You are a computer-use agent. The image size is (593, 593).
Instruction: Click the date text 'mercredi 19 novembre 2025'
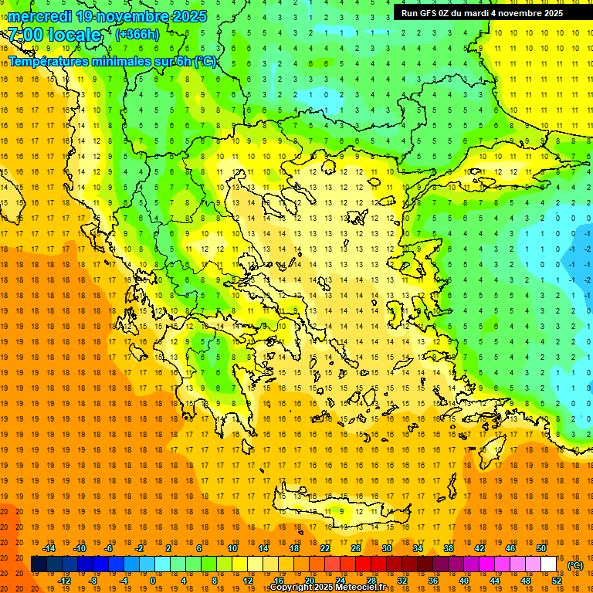(x=107, y=16)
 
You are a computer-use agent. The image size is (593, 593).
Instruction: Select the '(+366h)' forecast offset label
(x=137, y=34)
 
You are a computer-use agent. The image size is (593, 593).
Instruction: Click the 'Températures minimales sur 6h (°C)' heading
(x=113, y=62)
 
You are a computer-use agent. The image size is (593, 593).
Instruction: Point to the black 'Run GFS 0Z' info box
(x=482, y=12)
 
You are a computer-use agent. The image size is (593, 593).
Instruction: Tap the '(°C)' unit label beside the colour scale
(x=575, y=565)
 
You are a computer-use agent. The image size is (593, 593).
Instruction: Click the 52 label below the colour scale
(x=557, y=581)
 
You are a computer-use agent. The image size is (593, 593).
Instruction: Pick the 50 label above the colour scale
(x=541, y=548)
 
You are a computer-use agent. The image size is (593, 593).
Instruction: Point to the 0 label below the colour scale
(x=152, y=581)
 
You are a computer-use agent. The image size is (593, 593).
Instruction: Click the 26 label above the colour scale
(x=356, y=548)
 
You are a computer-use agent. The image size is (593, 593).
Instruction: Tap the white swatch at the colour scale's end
(x=549, y=564)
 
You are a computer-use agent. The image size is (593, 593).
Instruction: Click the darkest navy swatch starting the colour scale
(x=39, y=564)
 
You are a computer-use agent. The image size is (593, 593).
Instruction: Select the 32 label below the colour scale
(x=402, y=581)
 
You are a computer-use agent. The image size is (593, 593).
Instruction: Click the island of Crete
(x=340, y=511)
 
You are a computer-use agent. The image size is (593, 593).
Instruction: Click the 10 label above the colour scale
(x=232, y=548)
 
